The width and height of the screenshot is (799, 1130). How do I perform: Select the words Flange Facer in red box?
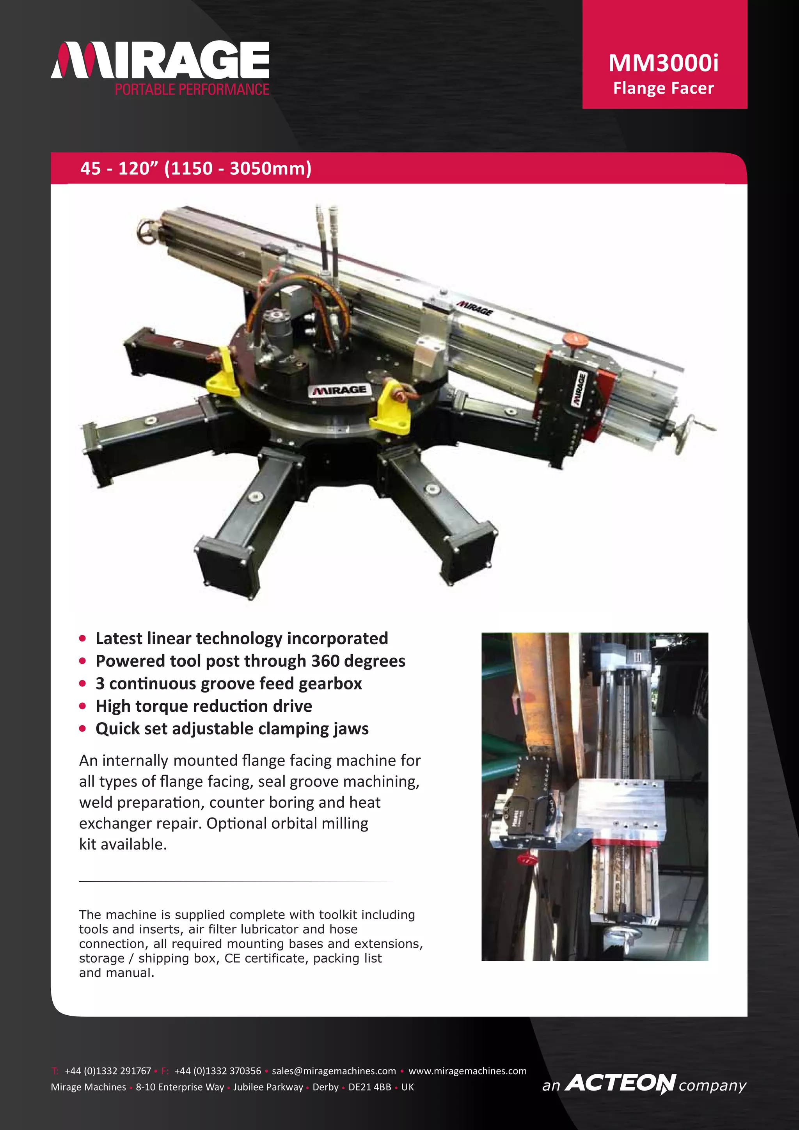click(663, 88)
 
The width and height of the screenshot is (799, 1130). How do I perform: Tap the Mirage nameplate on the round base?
click(339, 390)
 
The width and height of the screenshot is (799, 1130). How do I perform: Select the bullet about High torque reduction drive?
click(204, 706)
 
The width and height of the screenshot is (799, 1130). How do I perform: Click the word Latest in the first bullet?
click(119, 638)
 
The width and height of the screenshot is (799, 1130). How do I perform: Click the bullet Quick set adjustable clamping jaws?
click(232, 729)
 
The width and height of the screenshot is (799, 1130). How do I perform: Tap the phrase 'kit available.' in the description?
click(123, 844)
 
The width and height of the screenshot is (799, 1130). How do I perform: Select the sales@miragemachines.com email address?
click(334, 1071)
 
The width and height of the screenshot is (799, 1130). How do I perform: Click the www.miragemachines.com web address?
click(467, 1071)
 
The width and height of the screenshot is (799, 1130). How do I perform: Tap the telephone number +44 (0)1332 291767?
click(108, 1071)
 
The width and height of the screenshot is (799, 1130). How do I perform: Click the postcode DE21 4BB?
click(369, 1087)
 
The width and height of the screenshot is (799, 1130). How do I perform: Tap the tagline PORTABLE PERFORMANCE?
click(192, 90)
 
